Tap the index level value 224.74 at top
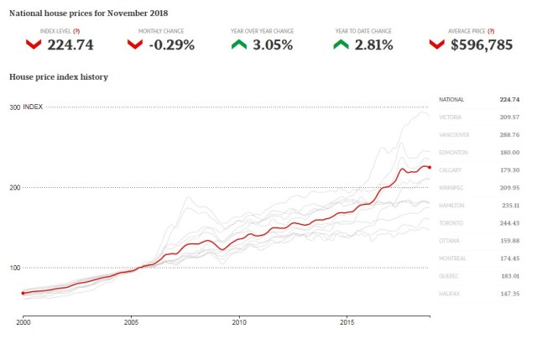pyautogui.click(x=73, y=44)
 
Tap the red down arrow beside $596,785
pyautogui.click(x=436, y=44)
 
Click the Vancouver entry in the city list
pyautogui.click(x=454, y=134)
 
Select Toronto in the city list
pyautogui.click(x=451, y=222)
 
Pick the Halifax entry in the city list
pyautogui.click(x=451, y=293)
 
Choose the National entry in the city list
pyautogui.click(x=451, y=99)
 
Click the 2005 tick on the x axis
pyautogui.click(x=131, y=321)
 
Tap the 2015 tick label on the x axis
pyautogui.click(x=347, y=321)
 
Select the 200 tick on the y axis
pyautogui.click(x=15, y=187)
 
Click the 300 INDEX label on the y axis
pyautogui.click(x=26, y=107)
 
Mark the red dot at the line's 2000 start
pyautogui.click(x=23, y=293)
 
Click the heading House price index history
pyautogui.click(x=59, y=76)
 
